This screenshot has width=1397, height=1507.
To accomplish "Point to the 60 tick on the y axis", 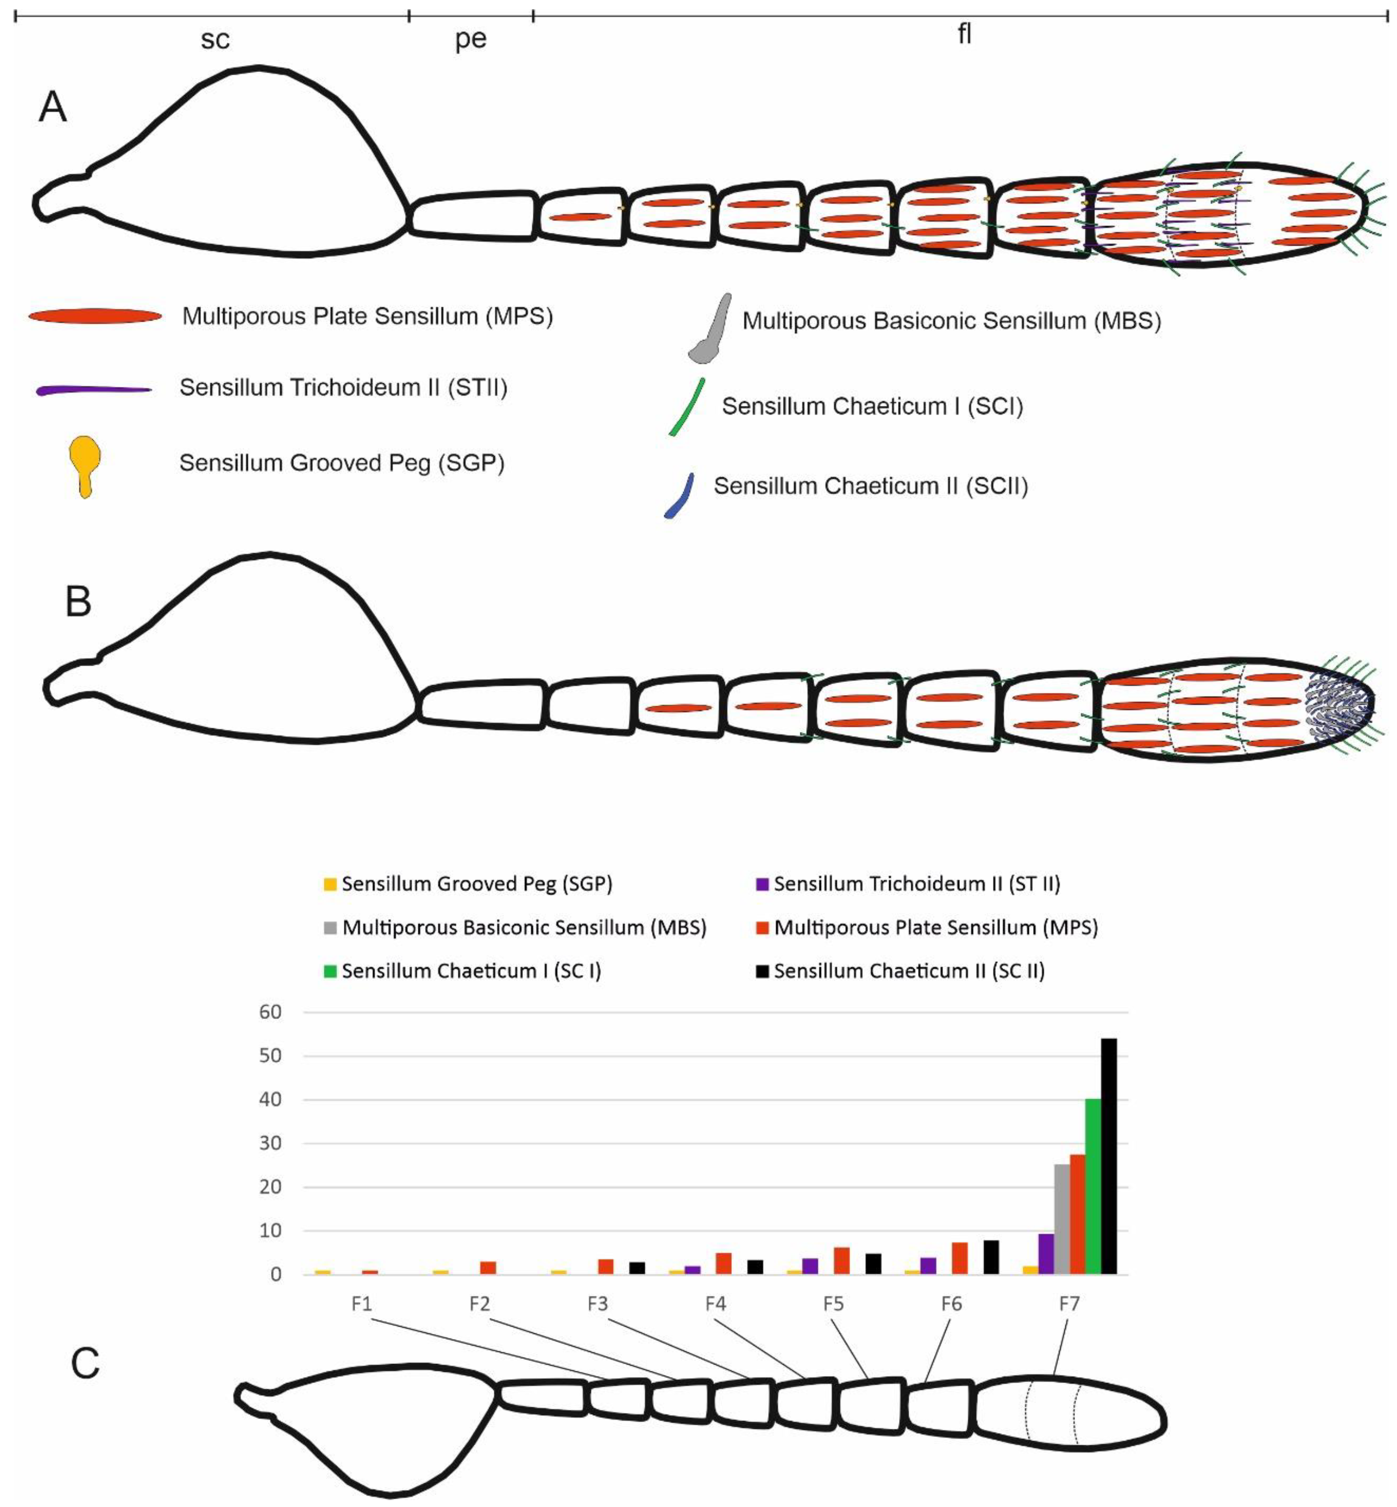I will (271, 1012).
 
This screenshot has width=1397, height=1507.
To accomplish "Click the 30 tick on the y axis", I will (271, 1143).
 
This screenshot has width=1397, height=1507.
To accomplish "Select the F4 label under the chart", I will (715, 1304).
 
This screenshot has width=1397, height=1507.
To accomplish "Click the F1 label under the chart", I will (361, 1304).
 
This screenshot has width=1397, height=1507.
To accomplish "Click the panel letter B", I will (78, 602).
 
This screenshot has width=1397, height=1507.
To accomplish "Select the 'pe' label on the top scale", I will (470, 40).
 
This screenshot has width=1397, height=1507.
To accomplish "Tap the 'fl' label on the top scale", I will (964, 34).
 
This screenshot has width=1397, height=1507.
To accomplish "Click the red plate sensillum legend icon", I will (95, 316).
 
